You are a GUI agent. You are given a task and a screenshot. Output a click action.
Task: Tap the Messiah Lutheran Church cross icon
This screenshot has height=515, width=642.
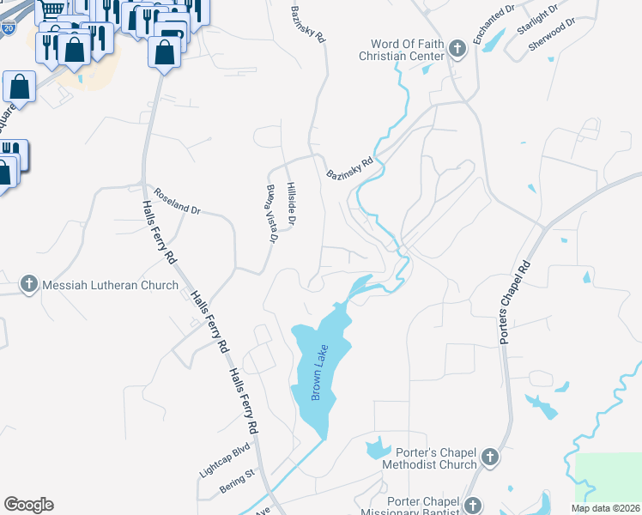tap(29, 285)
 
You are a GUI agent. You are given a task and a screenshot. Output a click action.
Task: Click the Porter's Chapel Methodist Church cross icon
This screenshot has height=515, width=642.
tap(489, 457)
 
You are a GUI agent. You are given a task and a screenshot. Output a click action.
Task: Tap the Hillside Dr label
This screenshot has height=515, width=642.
tap(292, 204)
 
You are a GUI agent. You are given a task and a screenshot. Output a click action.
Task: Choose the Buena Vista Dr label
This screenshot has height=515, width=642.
tap(270, 214)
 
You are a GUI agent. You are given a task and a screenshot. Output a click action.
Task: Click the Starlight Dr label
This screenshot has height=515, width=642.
tap(537, 19)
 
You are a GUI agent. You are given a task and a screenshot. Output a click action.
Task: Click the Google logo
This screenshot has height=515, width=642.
tap(28, 505)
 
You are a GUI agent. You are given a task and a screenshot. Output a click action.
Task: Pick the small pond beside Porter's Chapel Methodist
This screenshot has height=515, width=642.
tap(376, 447)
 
